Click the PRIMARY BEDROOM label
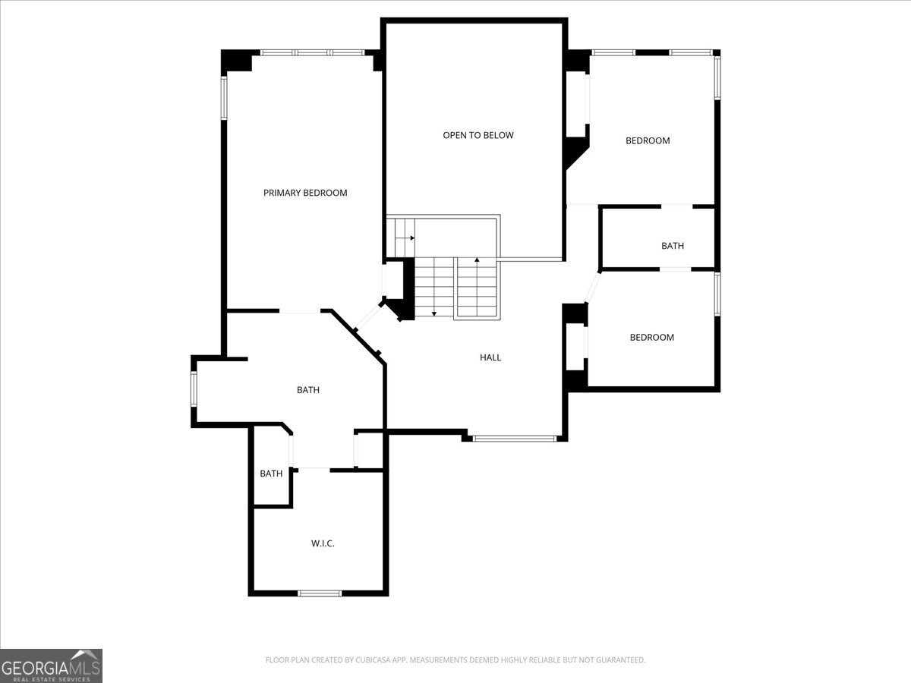pyautogui.click(x=305, y=193)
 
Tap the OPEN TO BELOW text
pyautogui.click(x=478, y=135)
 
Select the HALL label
pyautogui.click(x=490, y=357)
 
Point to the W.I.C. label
pyautogui.click(x=323, y=543)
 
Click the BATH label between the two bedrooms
pyautogui.click(x=672, y=246)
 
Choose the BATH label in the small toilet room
pyautogui.click(x=271, y=474)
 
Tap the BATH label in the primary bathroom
pyautogui.click(x=307, y=390)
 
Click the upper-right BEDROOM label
pyautogui.click(x=648, y=140)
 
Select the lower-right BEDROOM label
pyautogui.click(x=651, y=338)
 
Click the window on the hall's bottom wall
pyautogui.click(x=514, y=438)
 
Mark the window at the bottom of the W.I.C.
pyautogui.click(x=320, y=593)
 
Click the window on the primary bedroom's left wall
pyautogui.click(x=224, y=97)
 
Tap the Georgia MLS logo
pyautogui.click(x=51, y=666)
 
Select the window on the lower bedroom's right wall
pyautogui.click(x=717, y=294)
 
